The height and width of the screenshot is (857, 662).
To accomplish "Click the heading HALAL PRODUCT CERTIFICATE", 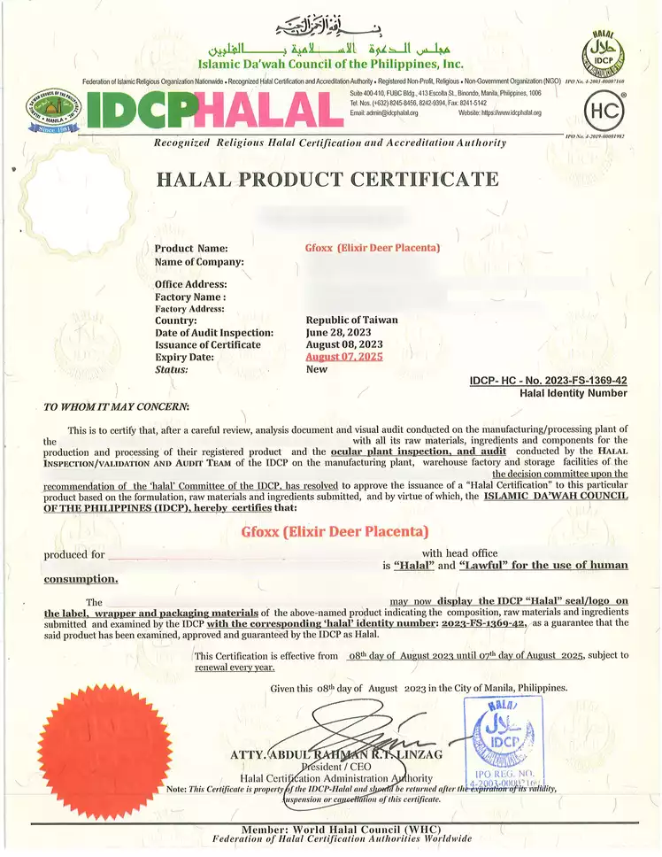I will click(327, 179).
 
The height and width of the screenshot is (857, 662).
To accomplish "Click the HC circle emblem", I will click(605, 111).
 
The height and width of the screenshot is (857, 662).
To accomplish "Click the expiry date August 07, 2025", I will click(344, 357).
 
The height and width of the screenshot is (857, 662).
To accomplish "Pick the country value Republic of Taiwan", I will click(351, 320).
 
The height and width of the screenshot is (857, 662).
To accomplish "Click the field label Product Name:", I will click(191, 249).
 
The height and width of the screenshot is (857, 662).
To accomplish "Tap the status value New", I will click(316, 369).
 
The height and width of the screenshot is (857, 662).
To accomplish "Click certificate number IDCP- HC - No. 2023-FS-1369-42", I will click(548, 381).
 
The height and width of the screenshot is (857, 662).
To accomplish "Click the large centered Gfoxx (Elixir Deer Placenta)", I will click(335, 531).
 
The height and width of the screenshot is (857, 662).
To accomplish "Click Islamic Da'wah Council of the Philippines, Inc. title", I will click(330, 64).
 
